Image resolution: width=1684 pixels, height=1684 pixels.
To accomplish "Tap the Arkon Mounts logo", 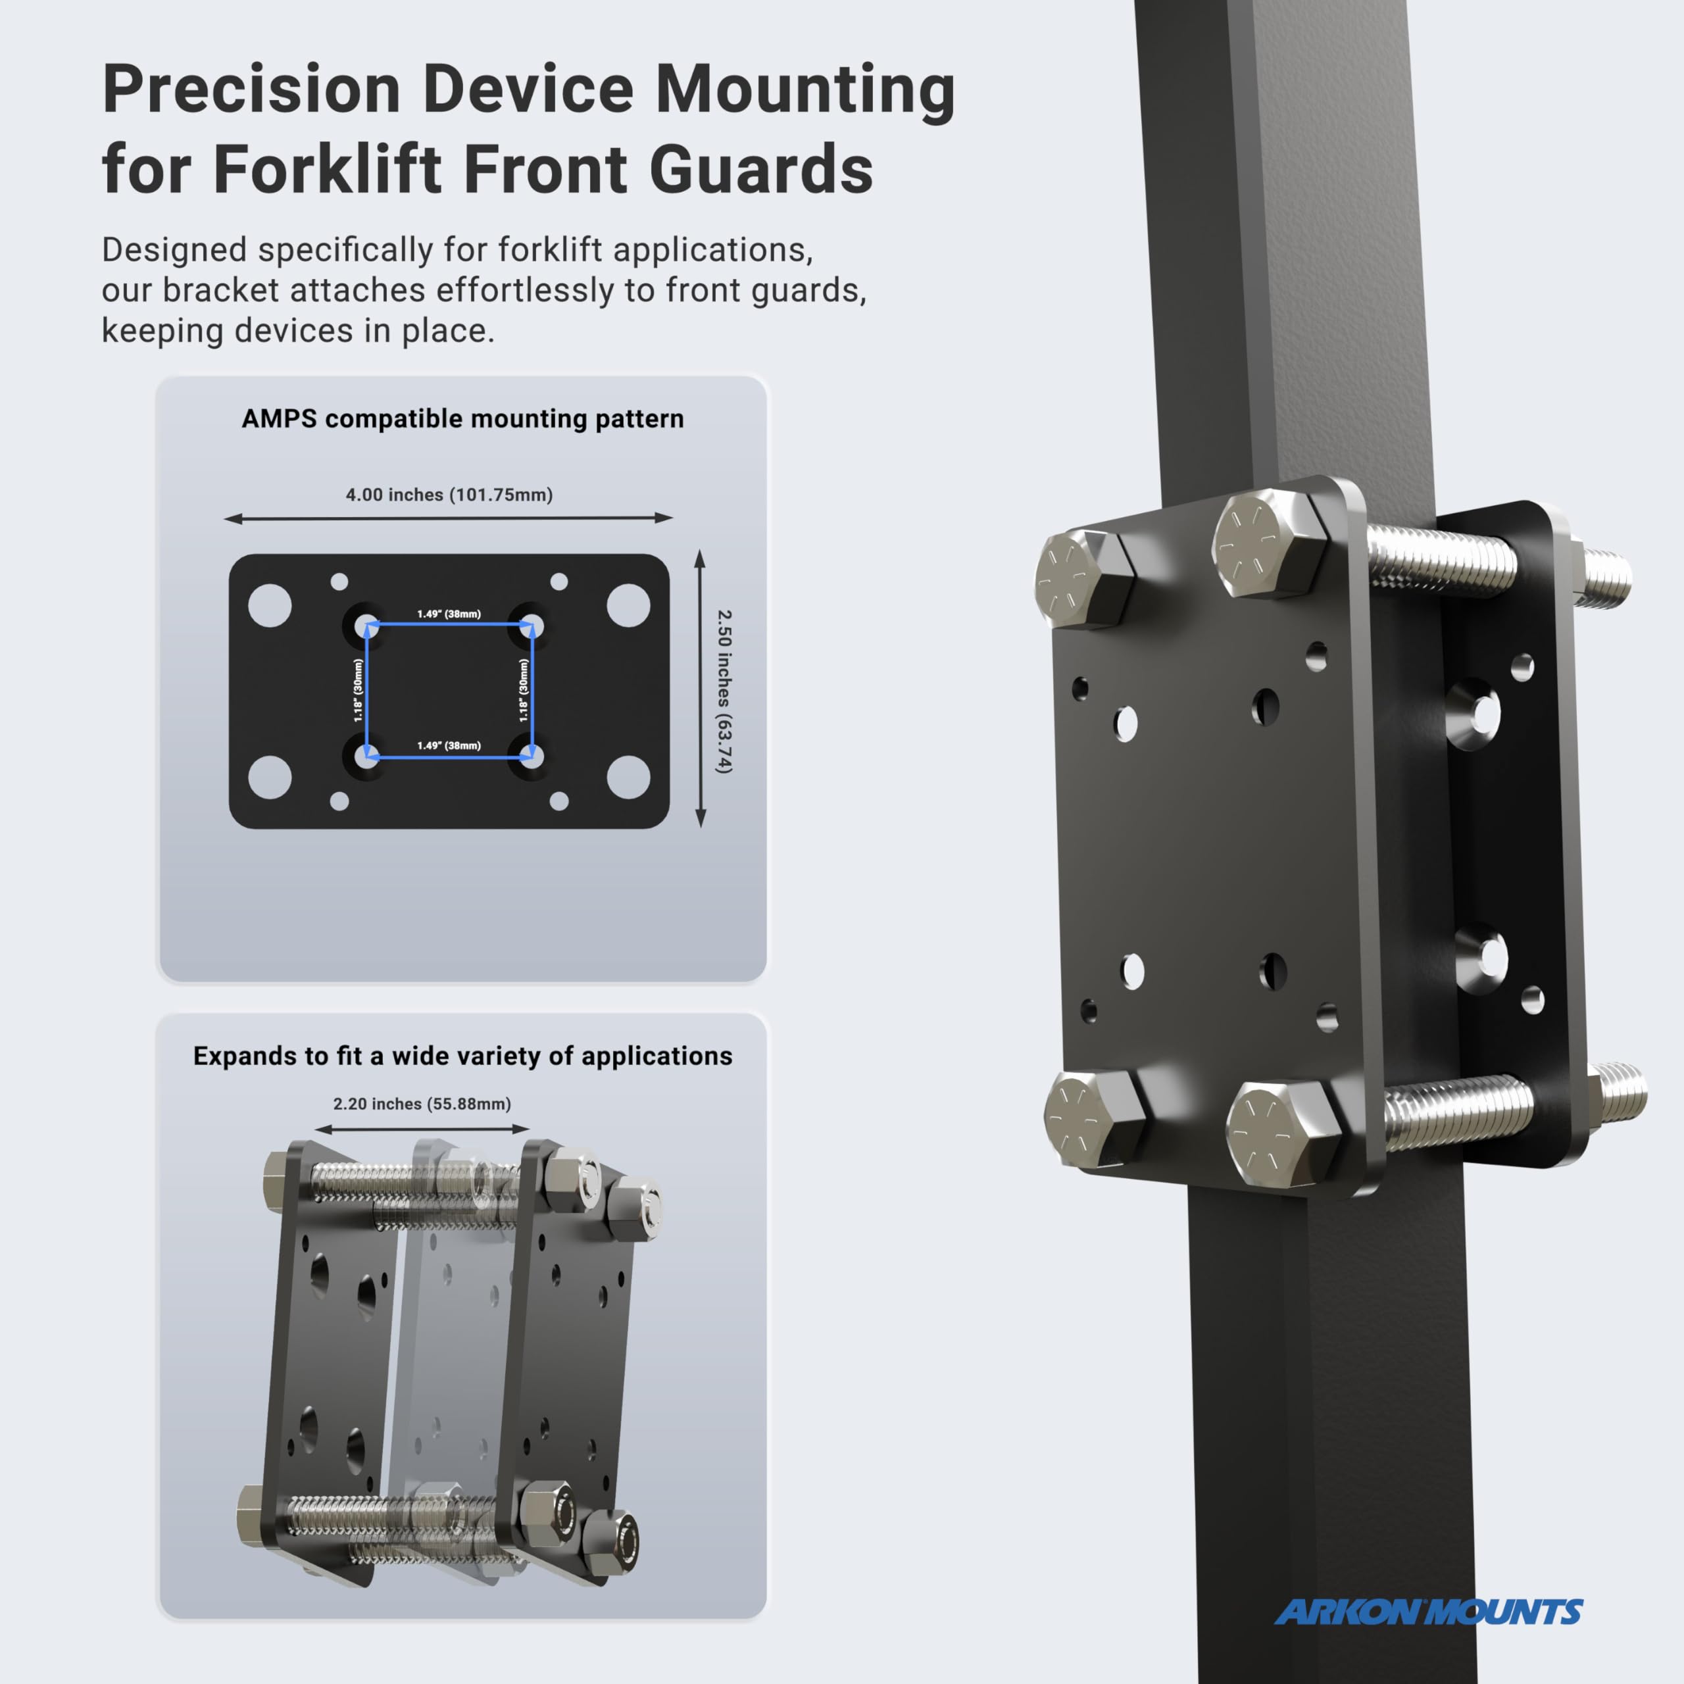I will (1427, 1612).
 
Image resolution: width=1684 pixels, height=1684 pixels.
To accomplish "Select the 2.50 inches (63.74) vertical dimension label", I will (724, 691).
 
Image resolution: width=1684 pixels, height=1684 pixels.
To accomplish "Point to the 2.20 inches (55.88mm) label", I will (422, 1104).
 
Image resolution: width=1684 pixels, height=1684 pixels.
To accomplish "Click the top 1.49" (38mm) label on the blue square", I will (449, 614).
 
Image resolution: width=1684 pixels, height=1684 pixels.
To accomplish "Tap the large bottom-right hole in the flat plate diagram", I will (628, 777).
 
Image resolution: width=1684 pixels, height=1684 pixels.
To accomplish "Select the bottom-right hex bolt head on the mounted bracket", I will (1279, 1134).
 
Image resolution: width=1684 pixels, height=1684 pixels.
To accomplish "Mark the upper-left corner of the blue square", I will (368, 625).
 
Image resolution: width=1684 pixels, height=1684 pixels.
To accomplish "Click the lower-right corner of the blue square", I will (531, 756).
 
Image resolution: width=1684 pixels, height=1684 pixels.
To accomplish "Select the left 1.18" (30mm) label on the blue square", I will (359, 690).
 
